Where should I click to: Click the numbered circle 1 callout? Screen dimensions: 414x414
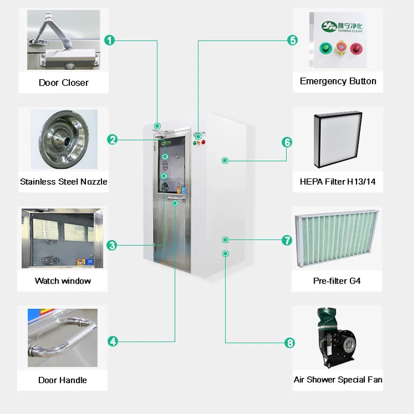coord(109,40)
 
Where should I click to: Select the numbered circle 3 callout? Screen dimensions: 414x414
coord(112,245)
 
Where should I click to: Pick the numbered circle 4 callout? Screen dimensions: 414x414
coord(113,341)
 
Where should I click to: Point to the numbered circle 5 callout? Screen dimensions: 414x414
coord(292,40)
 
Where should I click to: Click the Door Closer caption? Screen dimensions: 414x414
coord(63,83)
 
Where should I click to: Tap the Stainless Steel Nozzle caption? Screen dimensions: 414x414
coord(64,182)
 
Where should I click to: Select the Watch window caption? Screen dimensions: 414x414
coord(63,281)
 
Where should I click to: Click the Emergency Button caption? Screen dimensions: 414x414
coord(338,81)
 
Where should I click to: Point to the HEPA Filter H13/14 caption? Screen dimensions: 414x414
coord(338,182)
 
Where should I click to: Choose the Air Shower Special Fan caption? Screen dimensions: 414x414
coord(338,380)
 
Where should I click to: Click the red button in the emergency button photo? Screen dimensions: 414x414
coord(356,49)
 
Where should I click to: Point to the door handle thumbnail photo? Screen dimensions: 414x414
coord(63,337)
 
